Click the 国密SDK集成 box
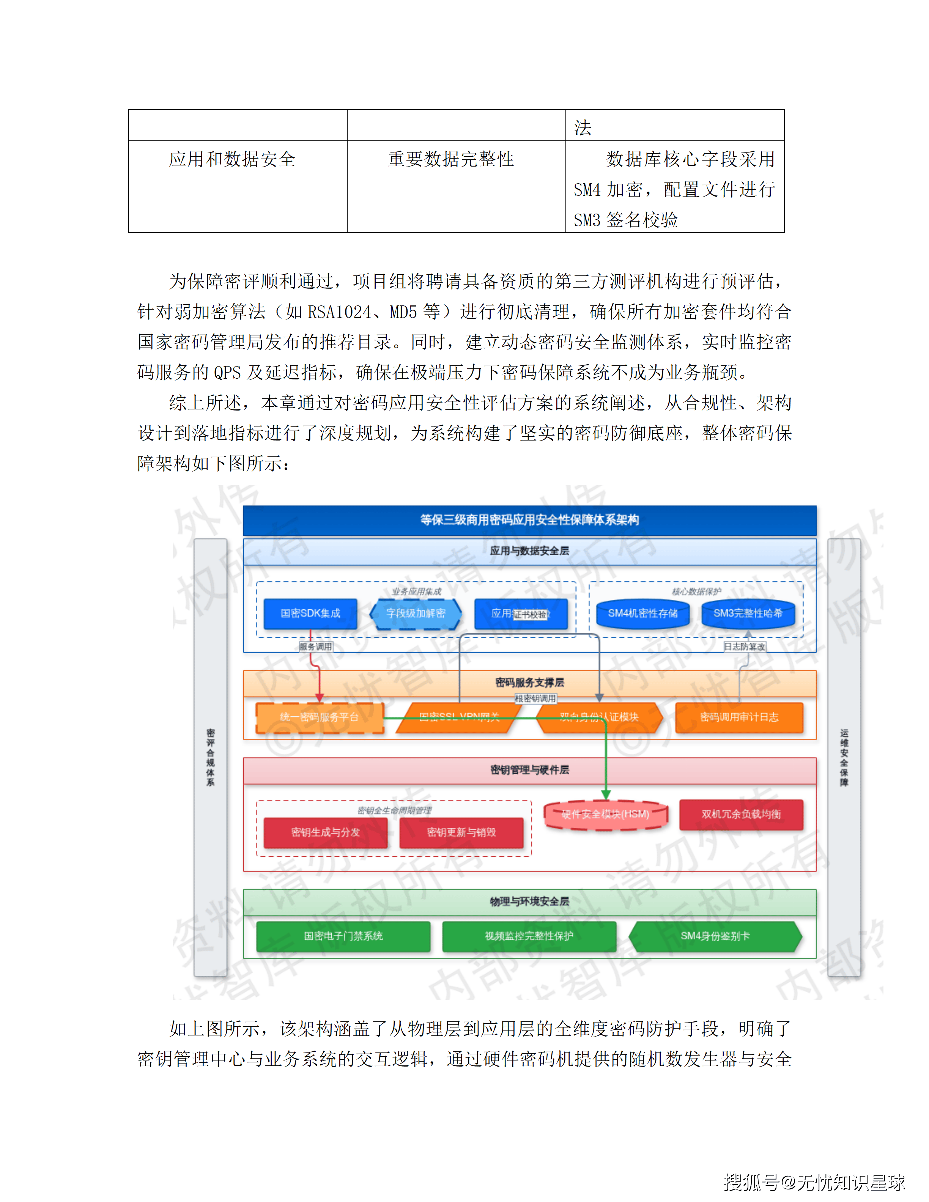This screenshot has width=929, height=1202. (x=310, y=614)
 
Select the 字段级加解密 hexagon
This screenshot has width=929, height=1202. (x=416, y=614)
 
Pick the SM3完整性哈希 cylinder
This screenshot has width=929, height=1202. (x=748, y=614)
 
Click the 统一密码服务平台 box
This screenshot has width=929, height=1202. (x=319, y=717)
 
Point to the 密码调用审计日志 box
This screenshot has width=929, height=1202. (x=739, y=717)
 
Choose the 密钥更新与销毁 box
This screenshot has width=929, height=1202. (x=461, y=832)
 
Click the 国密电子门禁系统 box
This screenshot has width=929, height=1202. (x=343, y=936)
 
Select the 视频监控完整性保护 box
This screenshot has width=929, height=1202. (x=529, y=936)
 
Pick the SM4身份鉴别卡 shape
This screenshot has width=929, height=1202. (x=715, y=936)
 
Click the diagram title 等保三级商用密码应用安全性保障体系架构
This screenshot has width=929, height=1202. (x=529, y=520)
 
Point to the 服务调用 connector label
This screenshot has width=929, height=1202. (x=315, y=647)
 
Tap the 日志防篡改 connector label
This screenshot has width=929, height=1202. (x=744, y=647)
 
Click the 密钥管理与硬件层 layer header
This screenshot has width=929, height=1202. (x=529, y=770)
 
